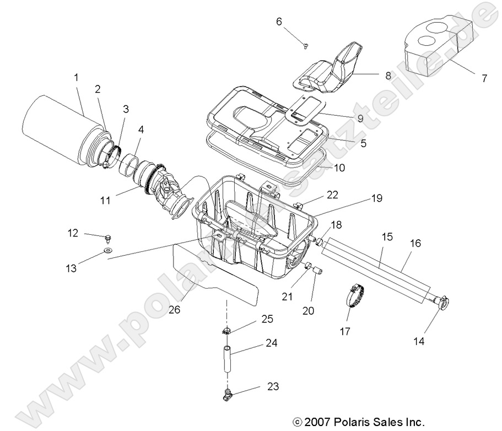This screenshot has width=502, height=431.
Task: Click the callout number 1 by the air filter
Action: tap(75, 78)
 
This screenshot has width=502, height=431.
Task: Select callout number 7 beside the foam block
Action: tap(484, 78)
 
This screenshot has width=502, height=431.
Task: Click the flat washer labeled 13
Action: tap(107, 251)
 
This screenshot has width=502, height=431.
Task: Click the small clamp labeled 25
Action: tap(227, 331)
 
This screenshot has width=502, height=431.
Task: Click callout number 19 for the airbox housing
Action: tap(376, 197)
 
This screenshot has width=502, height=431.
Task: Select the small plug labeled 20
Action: tap(316, 271)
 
